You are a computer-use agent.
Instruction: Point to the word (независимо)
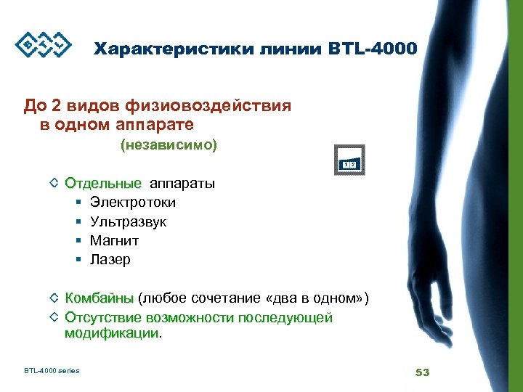coord(169,145)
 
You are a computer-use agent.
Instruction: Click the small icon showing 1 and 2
coord(349,161)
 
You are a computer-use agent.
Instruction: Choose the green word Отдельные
coord(103,183)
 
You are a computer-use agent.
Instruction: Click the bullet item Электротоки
coord(132,203)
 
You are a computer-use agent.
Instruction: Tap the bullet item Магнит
coord(114,240)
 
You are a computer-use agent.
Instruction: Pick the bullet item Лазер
coord(110,259)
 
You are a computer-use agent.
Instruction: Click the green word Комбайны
coord(99,298)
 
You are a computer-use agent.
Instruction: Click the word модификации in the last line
coord(111,333)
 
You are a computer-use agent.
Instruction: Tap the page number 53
coord(422,372)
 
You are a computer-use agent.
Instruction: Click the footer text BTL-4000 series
coord(52,371)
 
